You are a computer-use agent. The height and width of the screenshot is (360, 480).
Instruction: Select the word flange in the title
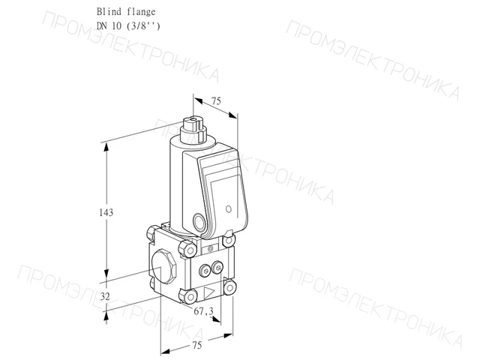click(141, 12)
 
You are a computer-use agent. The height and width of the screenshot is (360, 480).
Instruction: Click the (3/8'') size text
click(143, 26)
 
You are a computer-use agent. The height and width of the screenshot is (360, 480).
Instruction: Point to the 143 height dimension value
click(106, 212)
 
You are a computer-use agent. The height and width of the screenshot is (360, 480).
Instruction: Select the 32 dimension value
click(105, 296)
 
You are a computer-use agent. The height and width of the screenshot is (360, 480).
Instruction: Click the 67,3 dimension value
click(203, 311)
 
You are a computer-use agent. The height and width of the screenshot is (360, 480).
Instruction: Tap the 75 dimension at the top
click(216, 100)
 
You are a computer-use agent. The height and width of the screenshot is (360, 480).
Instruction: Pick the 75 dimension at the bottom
click(196, 345)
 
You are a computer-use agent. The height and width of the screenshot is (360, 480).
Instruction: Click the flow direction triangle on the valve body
click(210, 292)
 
